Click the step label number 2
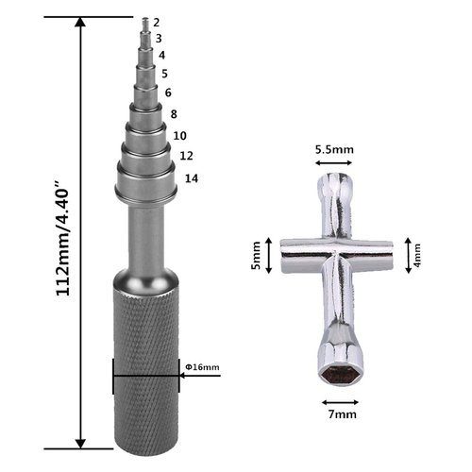click(157, 23)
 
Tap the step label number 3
click(159, 39)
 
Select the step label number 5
click(164, 74)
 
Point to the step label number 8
click(174, 114)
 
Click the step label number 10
click(180, 136)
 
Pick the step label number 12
click(186, 156)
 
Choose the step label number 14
click(192, 178)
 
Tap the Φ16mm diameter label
click(202, 367)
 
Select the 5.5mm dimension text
click(334, 149)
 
